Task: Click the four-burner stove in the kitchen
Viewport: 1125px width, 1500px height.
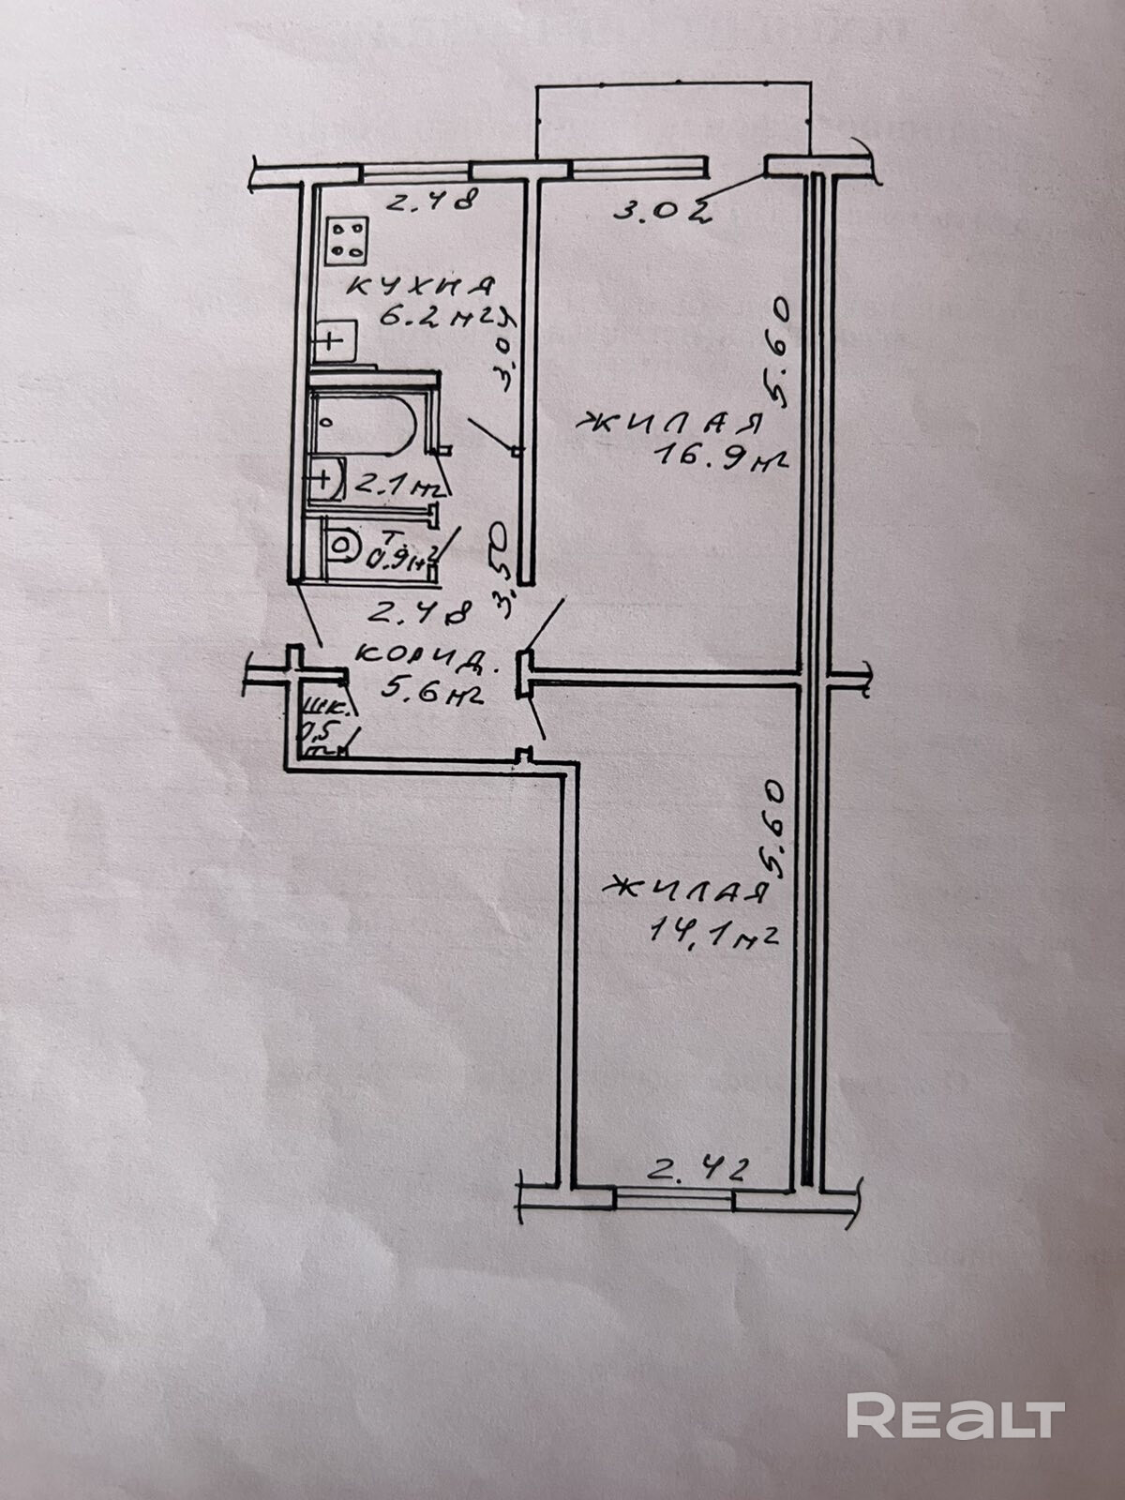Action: [348, 239]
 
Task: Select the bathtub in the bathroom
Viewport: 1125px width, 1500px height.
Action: [364, 427]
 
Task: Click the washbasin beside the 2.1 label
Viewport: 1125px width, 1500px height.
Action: [324, 479]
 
